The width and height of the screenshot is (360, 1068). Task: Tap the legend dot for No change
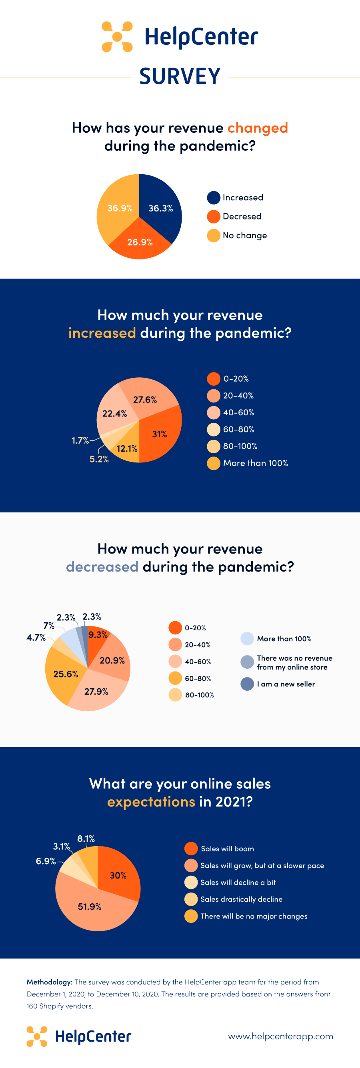pyautogui.click(x=213, y=235)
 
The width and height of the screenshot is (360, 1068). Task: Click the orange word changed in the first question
pyautogui.click(x=258, y=128)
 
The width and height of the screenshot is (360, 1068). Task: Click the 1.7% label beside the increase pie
pyautogui.click(x=80, y=440)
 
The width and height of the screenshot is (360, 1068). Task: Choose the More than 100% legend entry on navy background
pyautogui.click(x=248, y=463)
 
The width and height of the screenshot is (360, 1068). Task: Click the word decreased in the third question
pyautogui.click(x=102, y=566)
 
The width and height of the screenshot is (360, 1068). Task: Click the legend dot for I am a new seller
pyautogui.click(x=247, y=683)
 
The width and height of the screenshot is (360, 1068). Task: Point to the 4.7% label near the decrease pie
pyautogui.click(x=36, y=638)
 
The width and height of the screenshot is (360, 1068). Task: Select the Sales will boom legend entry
pyautogui.click(x=220, y=848)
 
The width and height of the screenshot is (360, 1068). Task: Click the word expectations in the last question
pyautogui.click(x=151, y=801)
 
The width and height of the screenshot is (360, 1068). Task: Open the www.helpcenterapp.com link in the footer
pyautogui.click(x=281, y=1036)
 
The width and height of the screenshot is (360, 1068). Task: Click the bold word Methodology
pyautogui.click(x=49, y=982)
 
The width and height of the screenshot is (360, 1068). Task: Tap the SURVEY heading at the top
pyautogui.click(x=180, y=76)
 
